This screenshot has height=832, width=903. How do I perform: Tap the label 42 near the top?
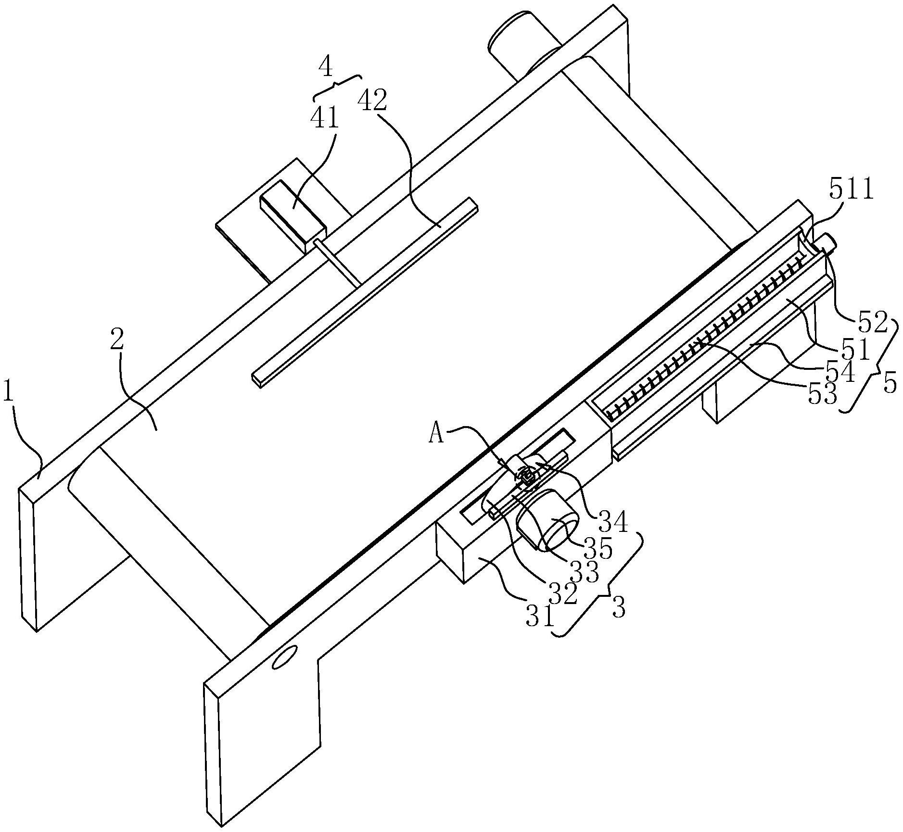(x=372, y=101)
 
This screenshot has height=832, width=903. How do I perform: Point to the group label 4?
(x=326, y=67)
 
